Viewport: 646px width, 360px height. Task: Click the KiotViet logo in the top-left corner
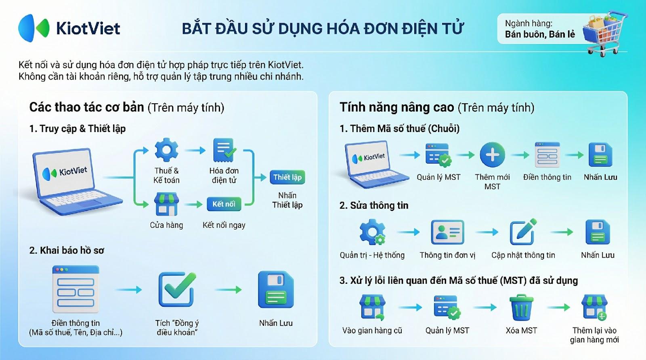[69, 28]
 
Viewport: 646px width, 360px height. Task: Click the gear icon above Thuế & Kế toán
[166, 150]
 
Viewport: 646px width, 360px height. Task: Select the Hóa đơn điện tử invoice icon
[224, 150]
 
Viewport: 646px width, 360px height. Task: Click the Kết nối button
[224, 204]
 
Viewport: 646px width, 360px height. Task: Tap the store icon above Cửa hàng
[166, 204]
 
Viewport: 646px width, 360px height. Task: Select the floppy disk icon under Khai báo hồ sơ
[276, 289]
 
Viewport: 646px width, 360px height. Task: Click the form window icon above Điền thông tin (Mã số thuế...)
[76, 289]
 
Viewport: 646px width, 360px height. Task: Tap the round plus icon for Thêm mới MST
[492, 155]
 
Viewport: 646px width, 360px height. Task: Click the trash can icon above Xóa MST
[521, 307]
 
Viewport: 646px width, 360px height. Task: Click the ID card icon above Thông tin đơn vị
[447, 232]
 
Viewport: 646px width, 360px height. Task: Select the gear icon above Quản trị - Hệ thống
[372, 232]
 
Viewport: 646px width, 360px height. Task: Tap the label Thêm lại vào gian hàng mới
[594, 335]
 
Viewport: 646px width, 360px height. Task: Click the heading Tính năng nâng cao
[397, 107]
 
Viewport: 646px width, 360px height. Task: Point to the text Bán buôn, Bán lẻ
[540, 35]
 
